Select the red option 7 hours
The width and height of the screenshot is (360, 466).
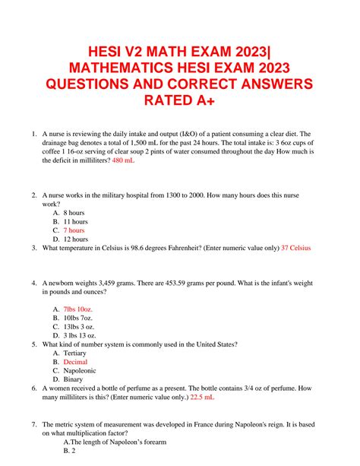click(x=74, y=230)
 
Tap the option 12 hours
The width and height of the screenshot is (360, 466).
click(x=76, y=239)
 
